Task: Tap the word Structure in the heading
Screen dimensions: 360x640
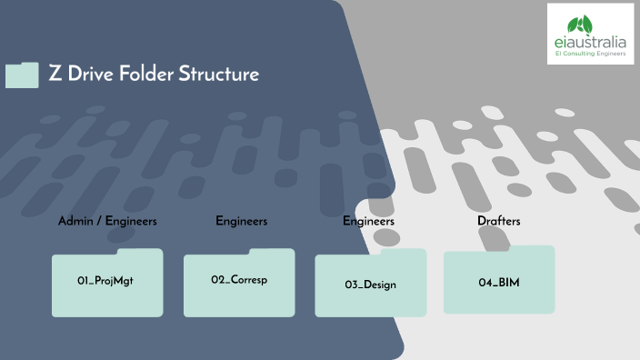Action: [x=221, y=75]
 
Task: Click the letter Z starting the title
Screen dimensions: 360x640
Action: [x=55, y=75]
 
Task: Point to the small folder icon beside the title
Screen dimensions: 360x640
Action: [x=22, y=75]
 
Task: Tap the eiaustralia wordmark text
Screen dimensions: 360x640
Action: [x=591, y=42]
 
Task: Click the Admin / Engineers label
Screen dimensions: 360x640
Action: [x=107, y=221]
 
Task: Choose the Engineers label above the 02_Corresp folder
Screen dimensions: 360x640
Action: [x=241, y=221]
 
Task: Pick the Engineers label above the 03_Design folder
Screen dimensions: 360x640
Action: [x=368, y=221]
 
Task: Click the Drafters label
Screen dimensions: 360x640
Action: [x=498, y=221]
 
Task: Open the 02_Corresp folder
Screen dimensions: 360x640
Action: [x=239, y=281]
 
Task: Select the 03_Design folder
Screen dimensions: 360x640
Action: [x=370, y=285]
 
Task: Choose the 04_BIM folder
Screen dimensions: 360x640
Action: [x=498, y=283]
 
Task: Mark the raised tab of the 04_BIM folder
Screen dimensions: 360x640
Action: [x=536, y=248]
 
